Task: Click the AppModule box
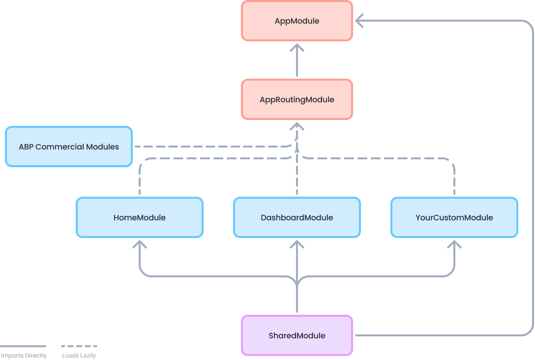pos(297,21)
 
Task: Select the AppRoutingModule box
pos(297,99)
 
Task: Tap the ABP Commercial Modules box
pos(69,147)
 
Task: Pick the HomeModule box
pos(139,217)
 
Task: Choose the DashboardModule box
pos(297,217)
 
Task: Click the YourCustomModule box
pos(454,217)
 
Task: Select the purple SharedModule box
pos(297,335)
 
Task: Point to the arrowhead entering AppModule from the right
pos(359,21)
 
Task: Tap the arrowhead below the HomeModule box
pos(140,244)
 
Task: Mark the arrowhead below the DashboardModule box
pos(297,244)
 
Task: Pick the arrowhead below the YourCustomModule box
pos(454,244)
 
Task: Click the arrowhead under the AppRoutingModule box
pos(297,127)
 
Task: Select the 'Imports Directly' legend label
pos(24,356)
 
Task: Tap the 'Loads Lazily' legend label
pos(79,356)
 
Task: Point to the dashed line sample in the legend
pos(79,346)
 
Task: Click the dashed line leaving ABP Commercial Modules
pos(207,147)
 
